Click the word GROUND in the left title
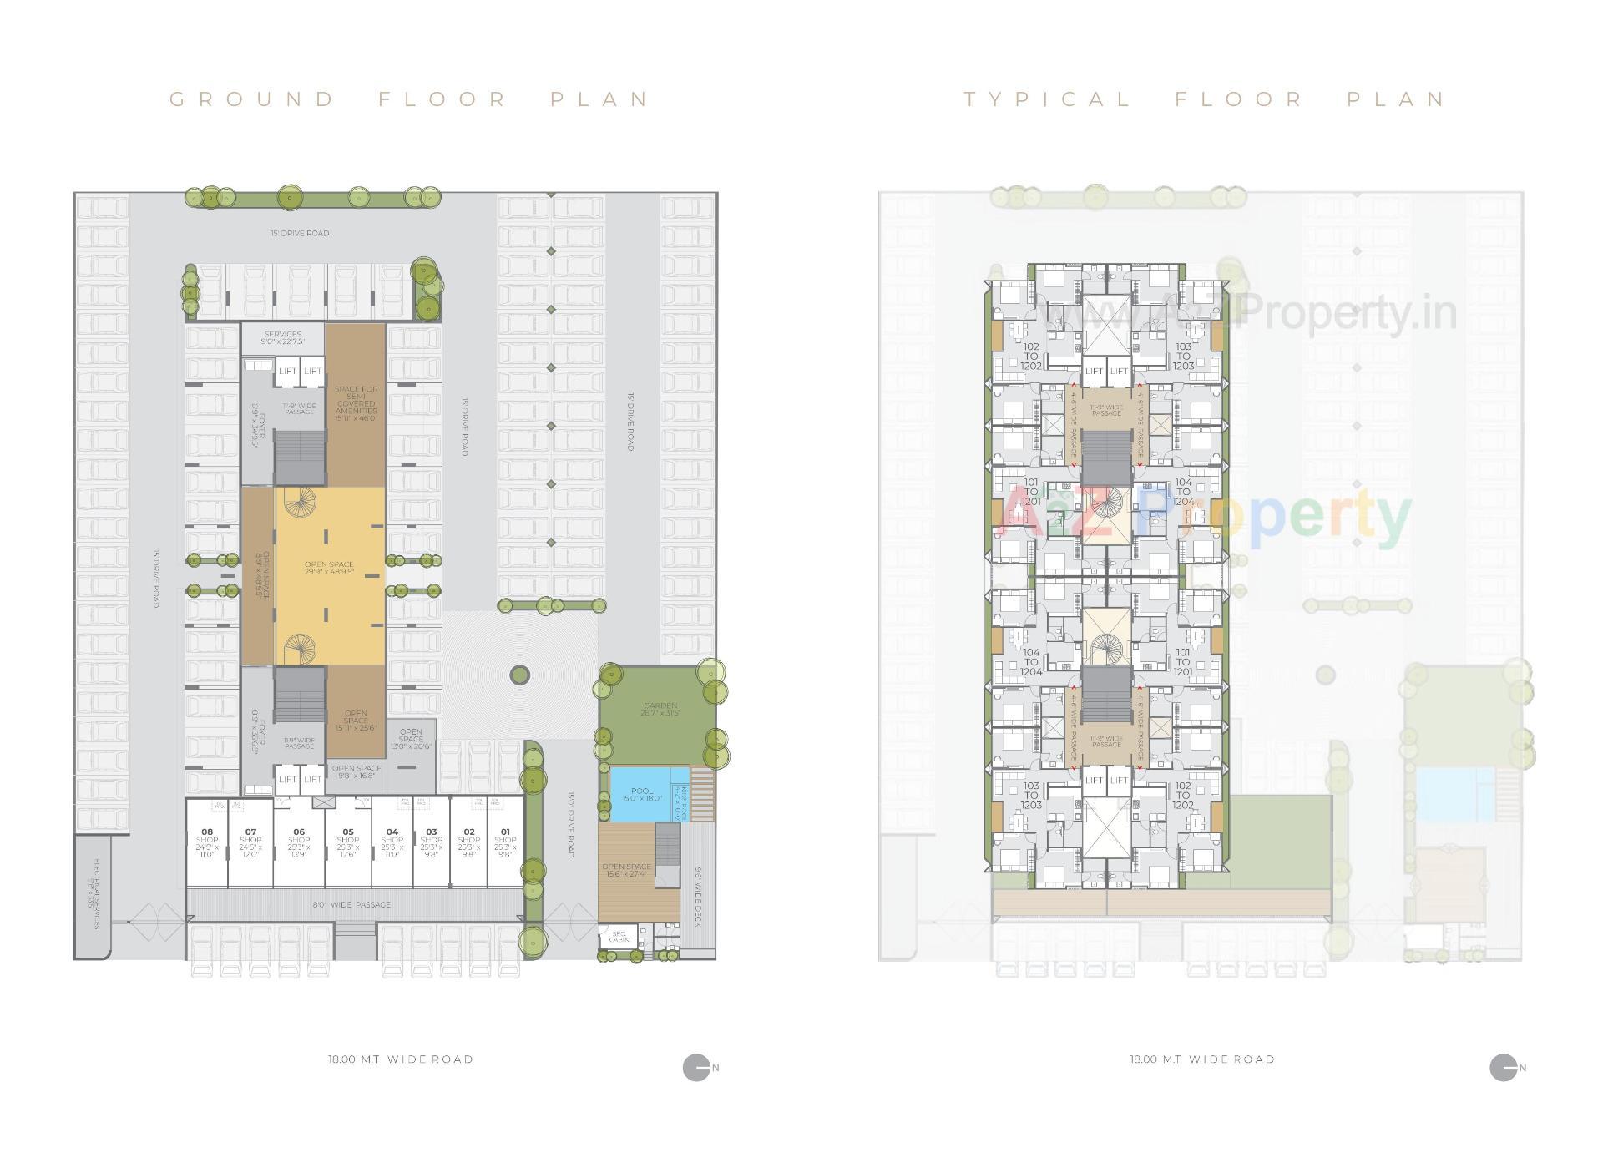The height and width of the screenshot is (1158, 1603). coord(251,99)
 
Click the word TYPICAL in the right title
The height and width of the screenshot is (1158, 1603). coord(1047,99)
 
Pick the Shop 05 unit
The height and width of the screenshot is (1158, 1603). coord(348,842)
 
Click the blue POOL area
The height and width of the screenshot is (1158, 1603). coord(643,793)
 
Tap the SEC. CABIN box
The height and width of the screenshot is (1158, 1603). coord(619,936)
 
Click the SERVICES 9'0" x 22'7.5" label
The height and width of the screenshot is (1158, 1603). coord(282,337)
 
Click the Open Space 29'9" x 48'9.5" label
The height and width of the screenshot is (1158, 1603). coord(329,568)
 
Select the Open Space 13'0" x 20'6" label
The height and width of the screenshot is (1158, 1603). coord(411,739)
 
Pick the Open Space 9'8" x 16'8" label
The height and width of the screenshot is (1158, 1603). coord(357,771)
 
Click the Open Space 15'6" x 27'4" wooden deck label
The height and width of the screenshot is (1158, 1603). coord(626,871)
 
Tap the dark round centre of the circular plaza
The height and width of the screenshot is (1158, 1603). coord(519,675)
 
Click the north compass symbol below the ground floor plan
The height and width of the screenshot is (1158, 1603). coord(696,1068)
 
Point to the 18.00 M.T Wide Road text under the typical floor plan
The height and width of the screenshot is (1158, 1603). coord(1202,1059)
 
